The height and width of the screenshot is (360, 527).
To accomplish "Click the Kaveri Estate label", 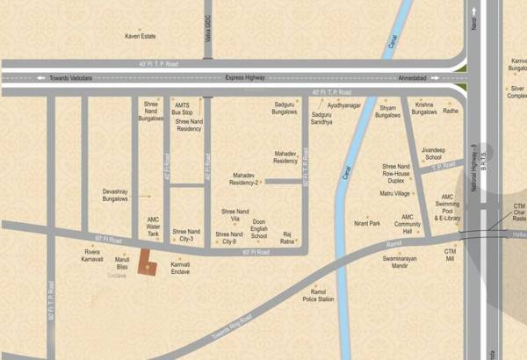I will [141, 36].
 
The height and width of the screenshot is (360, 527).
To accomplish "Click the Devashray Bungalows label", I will [115, 194].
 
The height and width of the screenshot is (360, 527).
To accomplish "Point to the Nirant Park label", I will [366, 223].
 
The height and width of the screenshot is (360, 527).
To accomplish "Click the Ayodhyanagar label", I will [343, 104].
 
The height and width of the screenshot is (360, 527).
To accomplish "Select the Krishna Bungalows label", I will [425, 108].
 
